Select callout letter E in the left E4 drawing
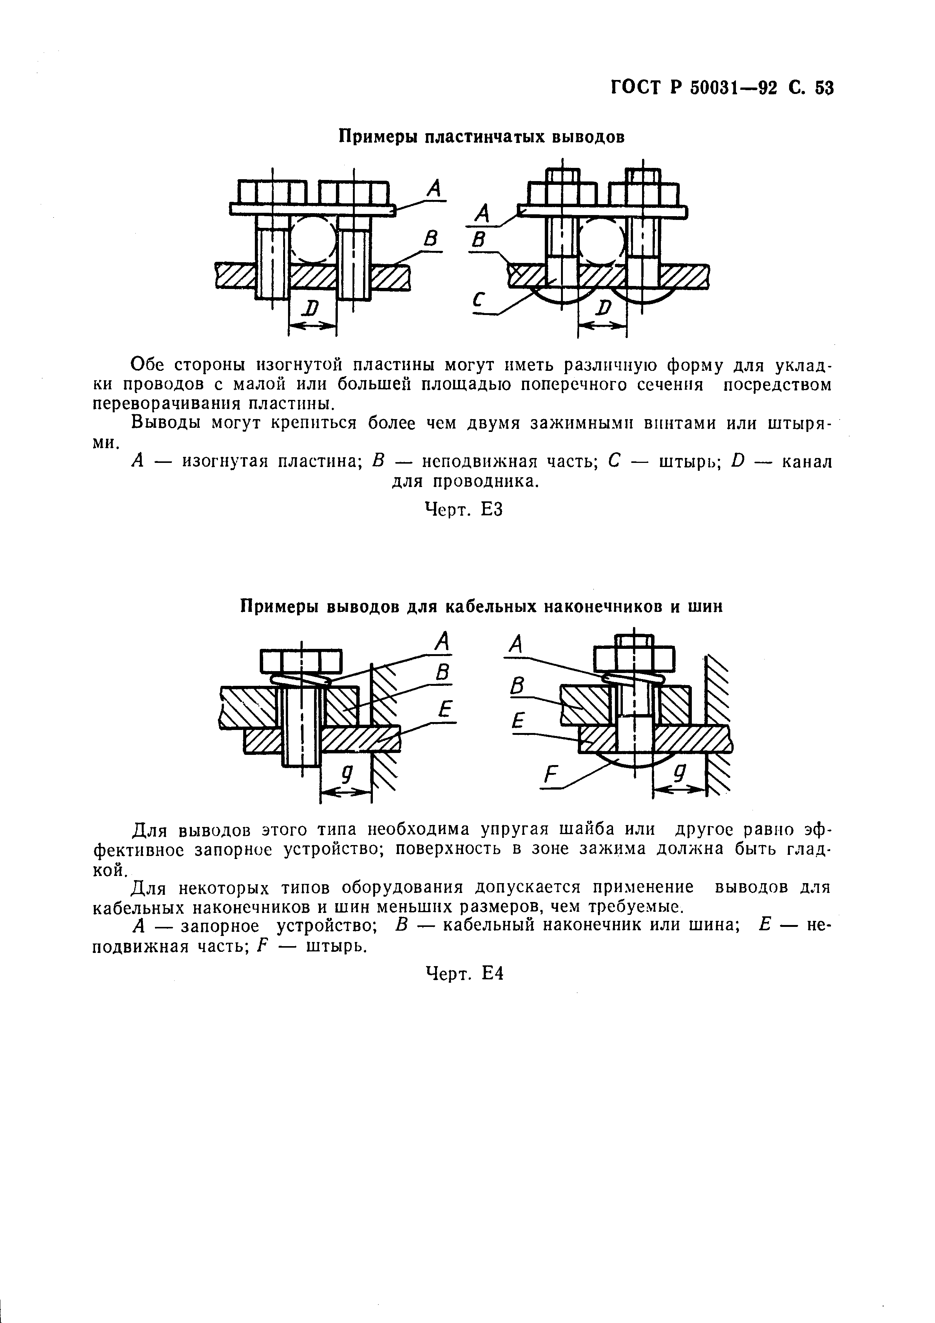[443, 710]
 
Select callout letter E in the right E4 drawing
[519, 720]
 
